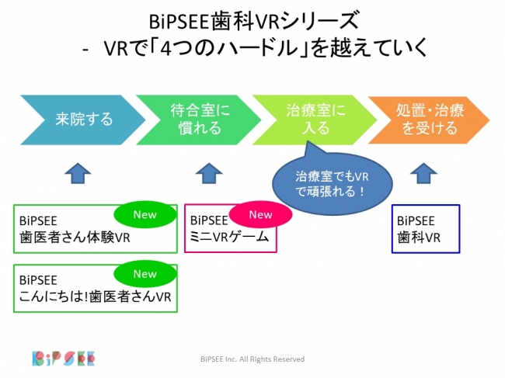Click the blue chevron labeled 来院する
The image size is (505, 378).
point(82,120)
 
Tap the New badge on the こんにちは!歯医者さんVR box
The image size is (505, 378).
point(145,274)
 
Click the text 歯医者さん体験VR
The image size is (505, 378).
point(75,238)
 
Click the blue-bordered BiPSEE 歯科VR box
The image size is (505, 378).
point(426,228)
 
